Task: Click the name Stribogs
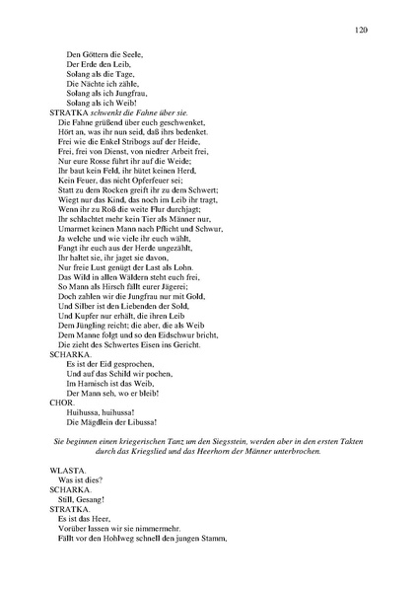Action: (x=130, y=142)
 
